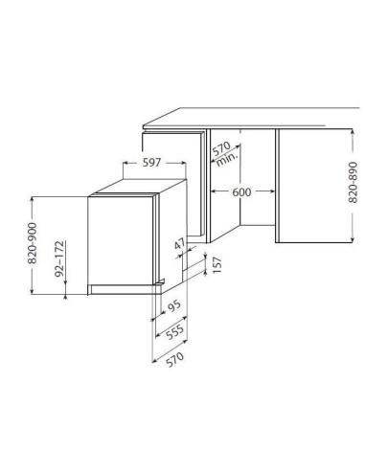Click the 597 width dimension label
point(151,163)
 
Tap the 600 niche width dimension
point(241,192)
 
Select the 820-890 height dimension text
point(353,183)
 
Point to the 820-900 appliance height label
point(32,243)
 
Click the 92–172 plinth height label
point(59,258)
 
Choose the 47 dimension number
point(180,245)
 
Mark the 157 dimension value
point(217,265)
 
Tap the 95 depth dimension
point(174,306)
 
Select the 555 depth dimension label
point(175,332)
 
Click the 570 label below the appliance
point(175,359)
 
